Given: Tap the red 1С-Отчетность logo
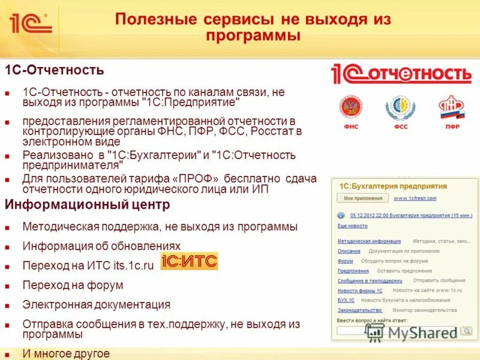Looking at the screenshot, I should (401, 74).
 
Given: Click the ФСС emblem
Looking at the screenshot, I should (400, 109).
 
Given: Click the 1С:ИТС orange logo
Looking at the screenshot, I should (189, 262).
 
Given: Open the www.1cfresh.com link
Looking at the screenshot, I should (415, 198).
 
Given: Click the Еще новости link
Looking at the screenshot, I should (352, 226).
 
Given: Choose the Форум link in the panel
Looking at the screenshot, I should (345, 261).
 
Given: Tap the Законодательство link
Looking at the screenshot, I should (359, 310).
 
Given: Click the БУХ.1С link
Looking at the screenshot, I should (346, 300).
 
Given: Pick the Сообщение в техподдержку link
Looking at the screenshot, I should (370, 281).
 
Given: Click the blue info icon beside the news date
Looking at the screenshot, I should (341, 215).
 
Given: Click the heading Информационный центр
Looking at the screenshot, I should (88, 205).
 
